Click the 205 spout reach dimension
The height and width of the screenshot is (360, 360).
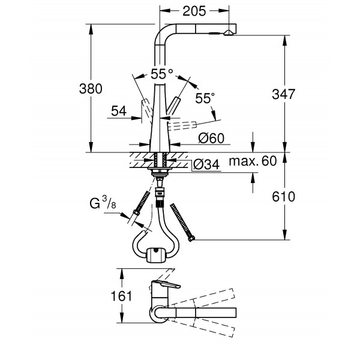pyautogui.click(x=194, y=11)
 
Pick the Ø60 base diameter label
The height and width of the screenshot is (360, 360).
pyautogui.click(x=211, y=138)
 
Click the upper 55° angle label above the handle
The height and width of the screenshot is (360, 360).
pyautogui.click(x=161, y=75)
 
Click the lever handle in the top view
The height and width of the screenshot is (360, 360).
pyautogui.click(x=164, y=284)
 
